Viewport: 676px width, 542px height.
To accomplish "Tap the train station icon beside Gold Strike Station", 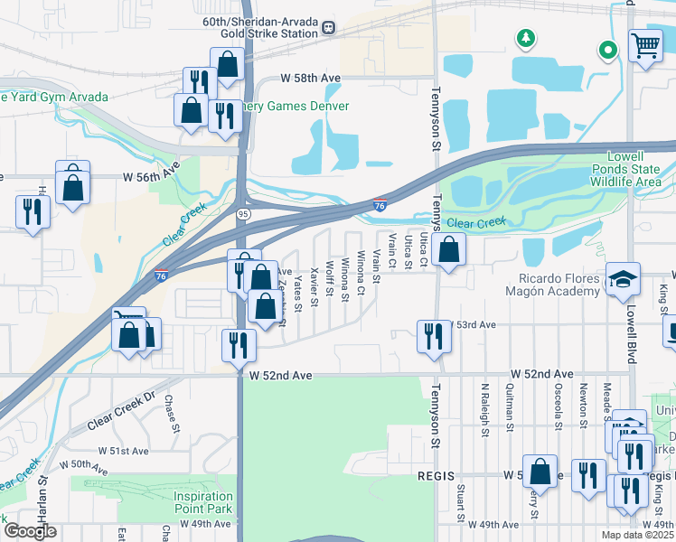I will (x=327, y=27).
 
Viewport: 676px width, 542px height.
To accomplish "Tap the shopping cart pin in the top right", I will (x=645, y=45).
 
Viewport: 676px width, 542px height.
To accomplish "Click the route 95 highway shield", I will (x=244, y=213).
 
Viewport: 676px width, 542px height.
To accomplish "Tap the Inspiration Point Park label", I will (x=192, y=502).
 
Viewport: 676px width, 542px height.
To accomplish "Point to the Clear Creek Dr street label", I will (x=122, y=411).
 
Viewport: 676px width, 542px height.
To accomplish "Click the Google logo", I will (x=31, y=531).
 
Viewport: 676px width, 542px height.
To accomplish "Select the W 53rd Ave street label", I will (x=474, y=324).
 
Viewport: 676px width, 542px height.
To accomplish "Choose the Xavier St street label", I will (x=314, y=286).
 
